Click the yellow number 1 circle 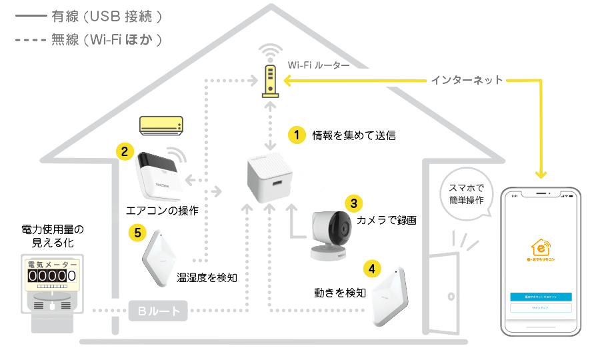pos(296,135)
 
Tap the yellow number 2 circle pos(124,151)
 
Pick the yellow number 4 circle pos(372,269)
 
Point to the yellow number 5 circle pos(138,232)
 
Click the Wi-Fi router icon pos(270,80)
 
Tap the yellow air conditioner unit pos(160,125)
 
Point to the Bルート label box pos(159,311)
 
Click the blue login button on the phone pos(541,295)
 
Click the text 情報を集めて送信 pos(354,135)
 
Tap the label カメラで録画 pos(387,220)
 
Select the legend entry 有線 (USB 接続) pos(107,15)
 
